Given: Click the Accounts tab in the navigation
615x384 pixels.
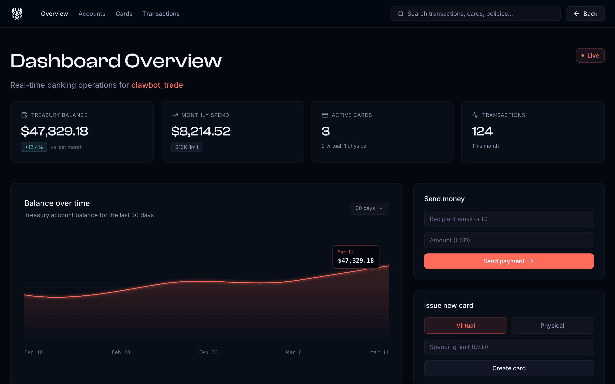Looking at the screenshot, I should click(x=92, y=14).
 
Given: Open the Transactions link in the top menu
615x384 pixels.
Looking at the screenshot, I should click(x=161, y=14).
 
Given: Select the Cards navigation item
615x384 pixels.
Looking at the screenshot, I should click(x=124, y=14).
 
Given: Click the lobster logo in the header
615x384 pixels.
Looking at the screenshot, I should click(x=17, y=14).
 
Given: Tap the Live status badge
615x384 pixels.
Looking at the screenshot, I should click(x=590, y=55).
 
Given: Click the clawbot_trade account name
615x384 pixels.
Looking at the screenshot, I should click(x=157, y=85).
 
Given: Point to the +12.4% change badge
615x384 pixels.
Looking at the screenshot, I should click(x=34, y=147).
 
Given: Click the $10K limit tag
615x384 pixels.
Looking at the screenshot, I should click(x=187, y=147).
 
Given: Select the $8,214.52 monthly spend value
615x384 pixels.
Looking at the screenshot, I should click(x=201, y=131).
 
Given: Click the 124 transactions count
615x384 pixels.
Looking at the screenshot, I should click(x=482, y=131).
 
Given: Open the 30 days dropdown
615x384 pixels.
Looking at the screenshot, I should click(x=369, y=208).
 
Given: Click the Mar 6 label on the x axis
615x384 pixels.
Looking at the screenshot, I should click(x=294, y=352).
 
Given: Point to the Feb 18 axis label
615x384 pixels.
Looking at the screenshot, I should click(x=121, y=352).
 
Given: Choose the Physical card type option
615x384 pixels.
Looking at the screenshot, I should click(x=552, y=326).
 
